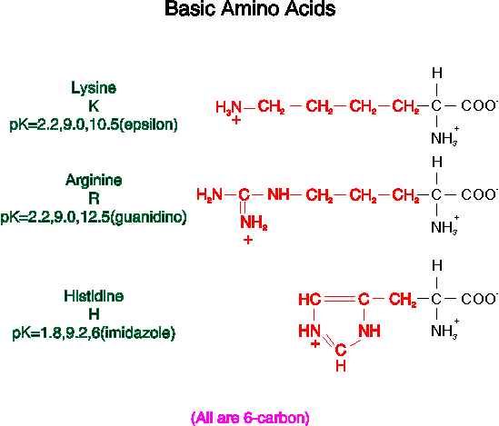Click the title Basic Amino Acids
(x=250, y=8)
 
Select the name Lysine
(x=94, y=88)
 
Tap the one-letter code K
(x=94, y=106)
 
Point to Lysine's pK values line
(x=94, y=124)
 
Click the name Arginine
(x=94, y=180)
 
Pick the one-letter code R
(x=94, y=199)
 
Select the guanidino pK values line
(x=94, y=217)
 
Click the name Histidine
(x=94, y=296)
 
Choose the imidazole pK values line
(x=94, y=333)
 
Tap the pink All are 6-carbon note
(x=250, y=418)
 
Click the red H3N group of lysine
(x=229, y=107)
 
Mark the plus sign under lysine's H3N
(x=236, y=120)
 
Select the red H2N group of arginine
(x=209, y=194)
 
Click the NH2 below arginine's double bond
(x=254, y=222)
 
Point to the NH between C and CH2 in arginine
(x=278, y=194)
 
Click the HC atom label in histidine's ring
(x=310, y=300)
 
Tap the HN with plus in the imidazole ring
(x=309, y=331)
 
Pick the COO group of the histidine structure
(x=479, y=299)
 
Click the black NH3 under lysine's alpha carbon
(x=444, y=137)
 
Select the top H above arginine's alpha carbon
(x=437, y=162)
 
